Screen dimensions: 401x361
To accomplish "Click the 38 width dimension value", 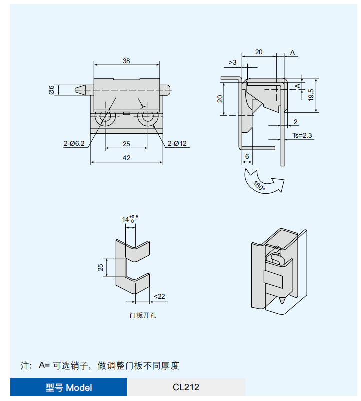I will click(126, 61).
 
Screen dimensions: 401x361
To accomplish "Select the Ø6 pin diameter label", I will click(51, 90).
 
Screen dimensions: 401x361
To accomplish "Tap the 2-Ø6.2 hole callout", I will click(74, 144).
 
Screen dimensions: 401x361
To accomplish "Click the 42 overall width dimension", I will click(126, 158).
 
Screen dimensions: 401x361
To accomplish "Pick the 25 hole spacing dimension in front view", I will click(126, 144).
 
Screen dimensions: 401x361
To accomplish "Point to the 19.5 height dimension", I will click(311, 94).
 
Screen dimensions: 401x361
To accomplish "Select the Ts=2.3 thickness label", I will click(302, 135).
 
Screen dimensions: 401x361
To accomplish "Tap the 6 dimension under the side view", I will click(247, 156).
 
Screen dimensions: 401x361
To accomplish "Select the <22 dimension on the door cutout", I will click(159, 297).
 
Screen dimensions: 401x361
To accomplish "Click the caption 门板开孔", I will click(143, 315).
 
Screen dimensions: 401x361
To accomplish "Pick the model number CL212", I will click(186, 387).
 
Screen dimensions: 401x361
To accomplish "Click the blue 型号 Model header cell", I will click(69, 387).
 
